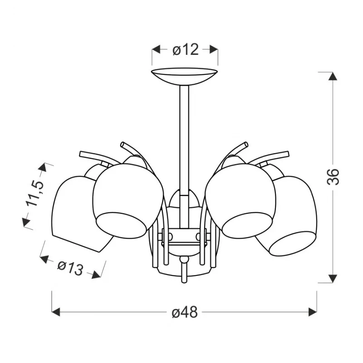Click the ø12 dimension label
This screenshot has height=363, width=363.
point(186,49)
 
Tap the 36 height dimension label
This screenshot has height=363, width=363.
point(333,177)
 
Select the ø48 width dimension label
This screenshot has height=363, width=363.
point(185,312)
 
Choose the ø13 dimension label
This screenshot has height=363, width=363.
point(70,268)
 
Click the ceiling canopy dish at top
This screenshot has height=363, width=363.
point(184,76)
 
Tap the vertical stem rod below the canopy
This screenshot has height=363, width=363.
point(184,139)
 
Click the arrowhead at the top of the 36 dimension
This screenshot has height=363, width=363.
point(333,76)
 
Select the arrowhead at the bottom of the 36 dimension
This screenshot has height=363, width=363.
point(333,279)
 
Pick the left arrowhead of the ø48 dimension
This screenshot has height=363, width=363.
point(56,312)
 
